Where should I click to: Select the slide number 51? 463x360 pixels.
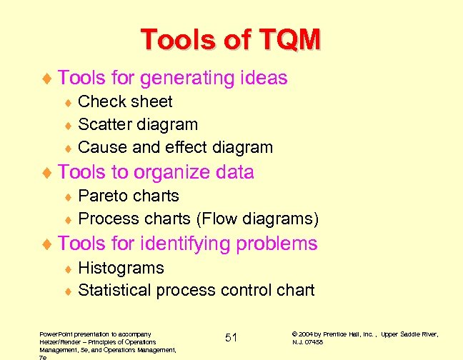point(231,337)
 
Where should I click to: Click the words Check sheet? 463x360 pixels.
point(125,101)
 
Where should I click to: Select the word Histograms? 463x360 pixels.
point(121,268)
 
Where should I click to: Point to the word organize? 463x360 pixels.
point(167,172)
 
